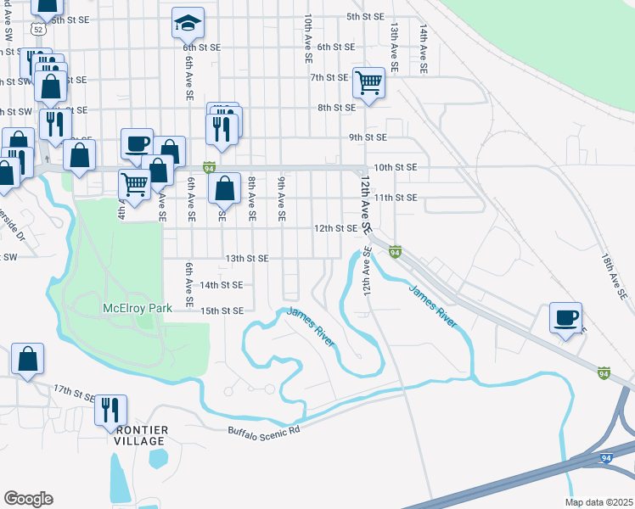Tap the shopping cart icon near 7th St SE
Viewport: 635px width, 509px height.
(369, 83)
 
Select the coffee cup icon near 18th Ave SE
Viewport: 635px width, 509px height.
(565, 318)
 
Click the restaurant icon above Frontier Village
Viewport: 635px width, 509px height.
(110, 411)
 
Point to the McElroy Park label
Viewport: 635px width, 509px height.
(137, 308)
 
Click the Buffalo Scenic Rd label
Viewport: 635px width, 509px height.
(264, 430)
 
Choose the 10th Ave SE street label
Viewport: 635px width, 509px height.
(307, 38)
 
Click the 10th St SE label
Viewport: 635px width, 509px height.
(396, 168)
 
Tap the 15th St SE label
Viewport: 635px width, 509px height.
(222, 310)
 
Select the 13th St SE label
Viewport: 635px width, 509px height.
(246, 258)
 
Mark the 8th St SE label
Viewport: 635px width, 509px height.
(337, 108)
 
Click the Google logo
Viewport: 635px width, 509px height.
(28, 499)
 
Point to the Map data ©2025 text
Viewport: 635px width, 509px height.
(598, 502)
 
